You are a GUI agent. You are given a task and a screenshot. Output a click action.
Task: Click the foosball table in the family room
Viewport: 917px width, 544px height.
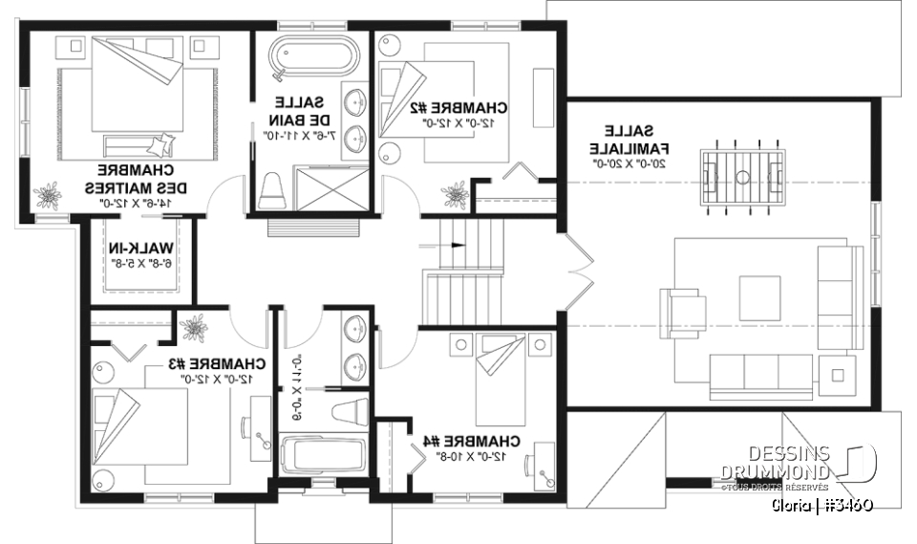tap(743, 176)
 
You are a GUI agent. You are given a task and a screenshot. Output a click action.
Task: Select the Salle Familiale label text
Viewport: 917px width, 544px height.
tap(628, 140)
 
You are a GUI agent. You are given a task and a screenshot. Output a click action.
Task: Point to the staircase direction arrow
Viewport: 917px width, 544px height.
tap(458, 246)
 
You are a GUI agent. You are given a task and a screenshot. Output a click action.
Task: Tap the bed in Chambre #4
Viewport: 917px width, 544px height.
tap(501, 378)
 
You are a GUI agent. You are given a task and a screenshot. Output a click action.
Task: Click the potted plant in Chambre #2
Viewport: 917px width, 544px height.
tap(453, 196)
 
